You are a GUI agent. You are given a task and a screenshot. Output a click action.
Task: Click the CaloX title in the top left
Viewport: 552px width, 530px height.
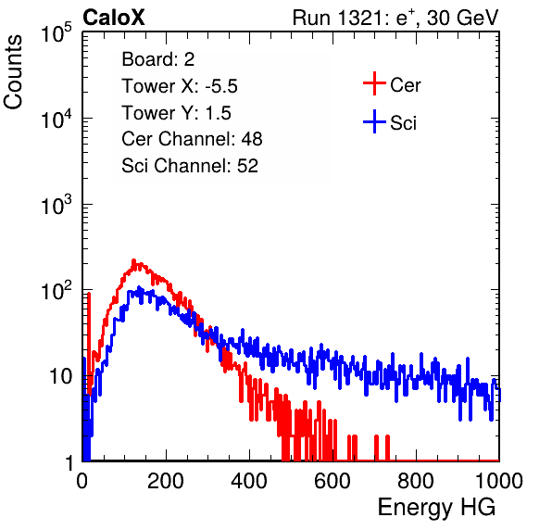coord(114,18)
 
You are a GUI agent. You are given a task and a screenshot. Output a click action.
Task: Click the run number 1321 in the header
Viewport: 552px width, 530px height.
coord(358,18)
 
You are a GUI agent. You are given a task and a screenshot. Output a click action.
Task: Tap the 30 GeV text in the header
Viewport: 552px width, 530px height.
coord(462,18)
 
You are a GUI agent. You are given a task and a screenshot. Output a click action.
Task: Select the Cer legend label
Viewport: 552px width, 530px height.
coord(405,85)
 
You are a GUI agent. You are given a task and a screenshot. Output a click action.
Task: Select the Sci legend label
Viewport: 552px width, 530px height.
coord(404,123)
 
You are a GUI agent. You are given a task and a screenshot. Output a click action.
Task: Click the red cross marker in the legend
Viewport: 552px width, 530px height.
coord(374,83)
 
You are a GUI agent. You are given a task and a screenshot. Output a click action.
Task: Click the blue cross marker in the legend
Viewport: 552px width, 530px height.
coord(374,121)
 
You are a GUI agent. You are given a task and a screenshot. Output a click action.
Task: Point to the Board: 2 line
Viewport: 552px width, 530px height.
coord(158,59)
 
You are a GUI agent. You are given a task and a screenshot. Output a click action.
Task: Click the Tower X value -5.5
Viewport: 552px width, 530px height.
coord(221,86)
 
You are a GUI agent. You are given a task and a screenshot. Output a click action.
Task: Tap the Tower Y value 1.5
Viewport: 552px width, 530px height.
coord(219,113)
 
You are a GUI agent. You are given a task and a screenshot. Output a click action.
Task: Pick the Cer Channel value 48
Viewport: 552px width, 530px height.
coord(252,139)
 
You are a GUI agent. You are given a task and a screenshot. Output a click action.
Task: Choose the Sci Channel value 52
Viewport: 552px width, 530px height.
coord(247,166)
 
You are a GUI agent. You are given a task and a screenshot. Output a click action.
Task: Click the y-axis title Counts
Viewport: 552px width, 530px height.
coord(13,72)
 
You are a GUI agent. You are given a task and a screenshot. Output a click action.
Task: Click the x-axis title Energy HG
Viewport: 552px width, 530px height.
coord(436,508)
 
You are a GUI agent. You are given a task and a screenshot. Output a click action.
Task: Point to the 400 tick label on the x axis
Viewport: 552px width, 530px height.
coord(249,481)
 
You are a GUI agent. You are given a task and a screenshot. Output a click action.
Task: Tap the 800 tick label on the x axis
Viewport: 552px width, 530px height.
coord(416,481)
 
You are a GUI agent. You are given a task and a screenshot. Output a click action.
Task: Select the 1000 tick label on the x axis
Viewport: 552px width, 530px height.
coord(499,481)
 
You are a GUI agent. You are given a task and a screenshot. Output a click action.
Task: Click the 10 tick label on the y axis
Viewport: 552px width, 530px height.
coord(60,376)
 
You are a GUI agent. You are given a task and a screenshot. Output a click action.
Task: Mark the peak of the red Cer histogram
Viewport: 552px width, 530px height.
coord(133,261)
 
